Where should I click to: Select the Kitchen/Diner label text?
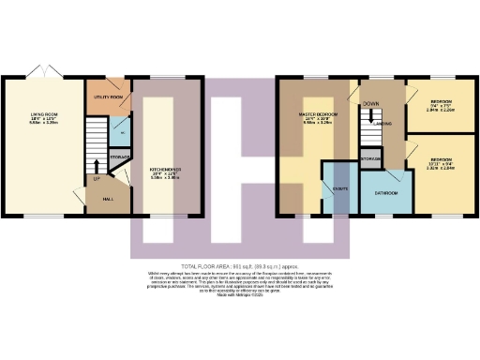tap(165, 171)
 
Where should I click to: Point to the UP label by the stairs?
tap(95, 179)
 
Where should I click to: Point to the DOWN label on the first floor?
tap(371, 104)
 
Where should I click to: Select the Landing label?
tap(382, 123)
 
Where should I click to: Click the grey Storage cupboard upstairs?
tap(370, 159)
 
